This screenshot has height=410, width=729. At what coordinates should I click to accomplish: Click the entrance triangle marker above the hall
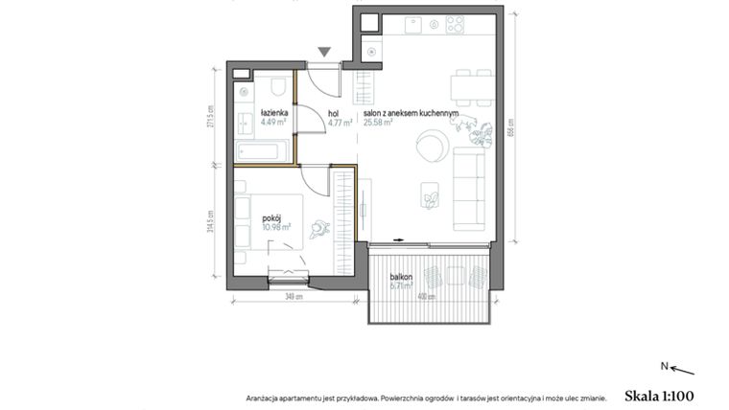(325, 52)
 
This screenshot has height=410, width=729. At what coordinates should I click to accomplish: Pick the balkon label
(401, 276)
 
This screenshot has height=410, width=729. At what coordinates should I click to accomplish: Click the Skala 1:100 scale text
(658, 395)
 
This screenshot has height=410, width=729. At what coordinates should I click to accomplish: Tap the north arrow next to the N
(680, 369)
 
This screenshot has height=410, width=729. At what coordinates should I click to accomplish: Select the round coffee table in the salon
(429, 147)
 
